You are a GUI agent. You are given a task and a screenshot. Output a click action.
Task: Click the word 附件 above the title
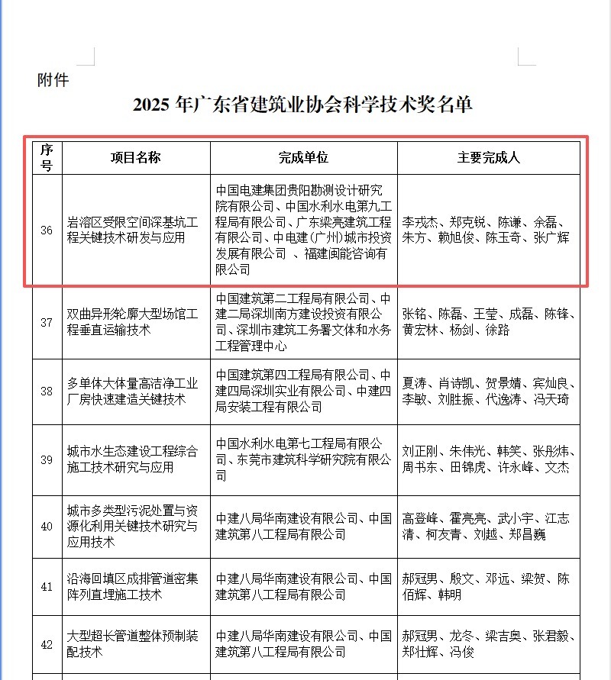pyautogui.click(x=53, y=79)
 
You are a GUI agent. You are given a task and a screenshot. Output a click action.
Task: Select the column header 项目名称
pyautogui.click(x=135, y=158)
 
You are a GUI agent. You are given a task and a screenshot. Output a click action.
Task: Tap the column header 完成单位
pyautogui.click(x=303, y=158)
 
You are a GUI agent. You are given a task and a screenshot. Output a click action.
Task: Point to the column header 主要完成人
pyautogui.click(x=489, y=158)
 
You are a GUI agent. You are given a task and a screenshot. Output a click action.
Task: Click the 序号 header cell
pyautogui.click(x=47, y=157)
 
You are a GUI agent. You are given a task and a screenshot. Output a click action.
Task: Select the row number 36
pyautogui.click(x=47, y=230)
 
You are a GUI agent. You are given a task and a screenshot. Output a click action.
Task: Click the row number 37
pyautogui.click(x=47, y=322)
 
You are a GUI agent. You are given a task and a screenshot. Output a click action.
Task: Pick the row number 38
pyautogui.click(x=47, y=391)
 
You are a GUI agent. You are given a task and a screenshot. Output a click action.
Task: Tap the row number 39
pyautogui.click(x=47, y=459)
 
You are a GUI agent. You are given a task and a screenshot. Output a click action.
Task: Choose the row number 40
pyautogui.click(x=47, y=526)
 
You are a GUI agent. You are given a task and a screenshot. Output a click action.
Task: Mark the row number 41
pyautogui.click(x=47, y=586)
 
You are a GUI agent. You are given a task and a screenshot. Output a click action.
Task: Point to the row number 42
pyautogui.click(x=47, y=644)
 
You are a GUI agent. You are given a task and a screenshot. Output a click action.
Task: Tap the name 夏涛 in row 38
pyautogui.click(x=415, y=383)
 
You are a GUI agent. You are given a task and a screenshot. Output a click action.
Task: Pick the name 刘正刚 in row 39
pyautogui.click(x=421, y=451)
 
